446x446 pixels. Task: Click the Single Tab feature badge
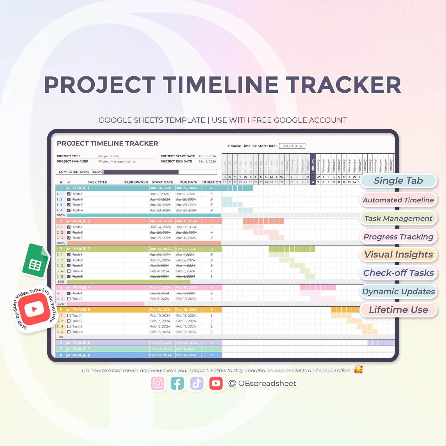point(398,181)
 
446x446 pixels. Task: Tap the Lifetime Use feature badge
point(398,310)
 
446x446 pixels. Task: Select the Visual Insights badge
point(398,254)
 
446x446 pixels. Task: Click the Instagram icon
point(158,383)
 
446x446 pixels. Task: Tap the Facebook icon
point(177,383)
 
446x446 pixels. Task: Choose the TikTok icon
point(197,383)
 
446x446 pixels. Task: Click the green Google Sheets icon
point(35,261)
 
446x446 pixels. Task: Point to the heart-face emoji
point(358,370)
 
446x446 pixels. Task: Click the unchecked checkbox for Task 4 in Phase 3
point(69,271)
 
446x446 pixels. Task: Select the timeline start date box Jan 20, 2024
point(292,146)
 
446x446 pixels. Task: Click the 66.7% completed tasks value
point(97,172)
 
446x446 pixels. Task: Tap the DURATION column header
point(211,182)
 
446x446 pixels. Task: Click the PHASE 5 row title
point(81,310)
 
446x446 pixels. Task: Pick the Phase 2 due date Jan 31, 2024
point(186,221)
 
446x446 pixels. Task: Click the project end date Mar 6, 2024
point(207,161)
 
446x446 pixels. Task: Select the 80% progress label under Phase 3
point(61,281)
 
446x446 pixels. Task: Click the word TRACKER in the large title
point(343,85)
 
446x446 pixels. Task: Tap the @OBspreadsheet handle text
point(262,383)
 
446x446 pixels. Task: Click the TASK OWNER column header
point(136,182)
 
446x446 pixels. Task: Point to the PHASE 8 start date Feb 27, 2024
point(161,355)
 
